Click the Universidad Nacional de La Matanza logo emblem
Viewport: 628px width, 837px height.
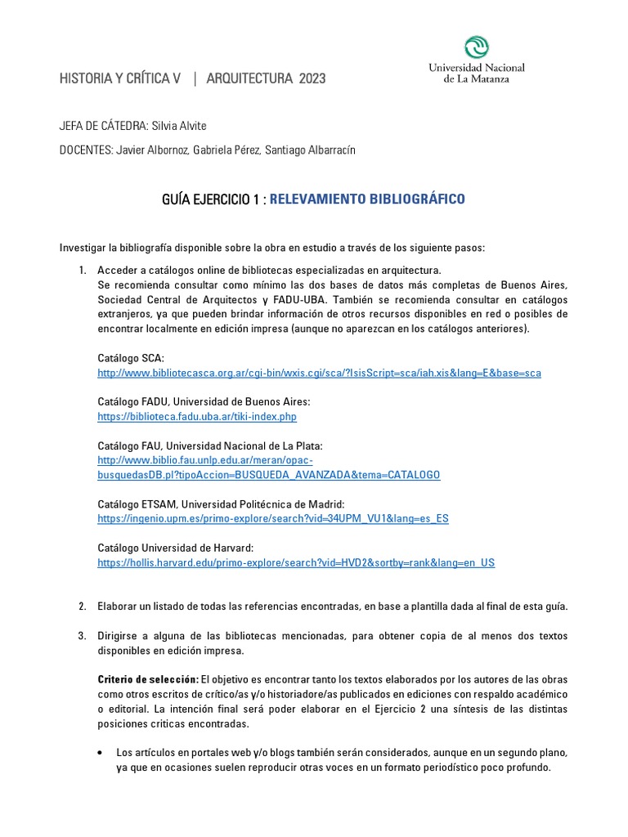(477, 47)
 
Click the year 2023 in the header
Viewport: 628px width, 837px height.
(312, 78)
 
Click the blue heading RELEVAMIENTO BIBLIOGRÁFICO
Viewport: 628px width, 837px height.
(367, 199)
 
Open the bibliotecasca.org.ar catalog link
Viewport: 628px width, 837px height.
(319, 373)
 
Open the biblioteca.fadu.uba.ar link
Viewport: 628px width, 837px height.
(196, 417)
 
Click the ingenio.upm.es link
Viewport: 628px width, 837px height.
(272, 518)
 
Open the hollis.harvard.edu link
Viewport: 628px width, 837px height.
(296, 562)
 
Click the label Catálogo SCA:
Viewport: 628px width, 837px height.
(131, 358)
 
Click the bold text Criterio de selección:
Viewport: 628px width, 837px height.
(147, 680)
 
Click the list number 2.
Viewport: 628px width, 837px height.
(82, 606)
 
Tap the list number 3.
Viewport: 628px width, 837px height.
(82, 636)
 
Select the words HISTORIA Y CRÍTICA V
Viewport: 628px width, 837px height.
(120, 78)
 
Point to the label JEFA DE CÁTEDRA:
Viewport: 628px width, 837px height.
(103, 125)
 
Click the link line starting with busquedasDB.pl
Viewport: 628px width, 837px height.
(268, 475)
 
